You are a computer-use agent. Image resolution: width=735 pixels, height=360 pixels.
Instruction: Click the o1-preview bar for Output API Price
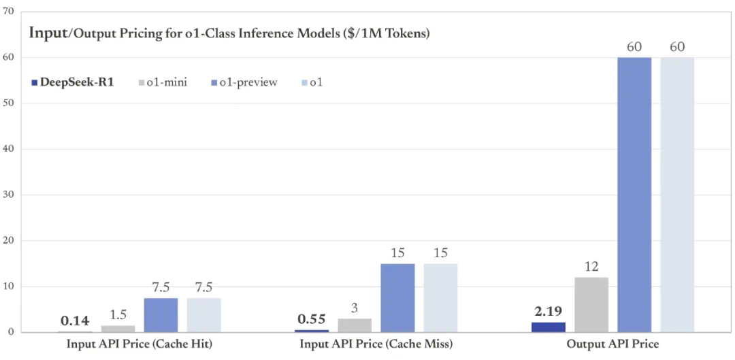coord(634,195)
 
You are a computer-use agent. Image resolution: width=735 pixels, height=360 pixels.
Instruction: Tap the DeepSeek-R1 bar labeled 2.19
coord(549,327)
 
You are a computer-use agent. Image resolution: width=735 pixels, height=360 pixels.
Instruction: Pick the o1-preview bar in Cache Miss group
coord(397,298)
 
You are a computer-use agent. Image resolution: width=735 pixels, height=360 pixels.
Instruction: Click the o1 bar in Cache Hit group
coord(204,315)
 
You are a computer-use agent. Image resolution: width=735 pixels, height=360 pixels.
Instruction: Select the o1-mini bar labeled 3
coord(355,325)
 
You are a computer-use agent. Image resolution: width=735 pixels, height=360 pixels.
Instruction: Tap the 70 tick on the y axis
coord(8,12)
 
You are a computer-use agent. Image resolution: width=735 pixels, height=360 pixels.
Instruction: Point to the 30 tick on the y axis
coord(8,195)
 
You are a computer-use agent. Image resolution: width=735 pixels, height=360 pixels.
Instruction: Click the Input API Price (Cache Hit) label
coord(140,344)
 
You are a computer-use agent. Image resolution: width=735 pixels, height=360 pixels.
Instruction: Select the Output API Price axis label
coord(612,344)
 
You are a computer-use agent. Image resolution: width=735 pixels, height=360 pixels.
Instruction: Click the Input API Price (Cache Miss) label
coord(376,344)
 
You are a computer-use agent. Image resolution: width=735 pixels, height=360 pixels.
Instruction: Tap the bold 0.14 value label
coord(75,321)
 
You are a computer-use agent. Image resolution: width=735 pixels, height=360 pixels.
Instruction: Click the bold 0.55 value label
coord(312,318)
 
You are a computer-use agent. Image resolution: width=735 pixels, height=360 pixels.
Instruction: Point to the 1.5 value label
coord(118,314)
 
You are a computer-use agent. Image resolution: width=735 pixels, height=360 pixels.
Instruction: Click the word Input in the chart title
coord(47,33)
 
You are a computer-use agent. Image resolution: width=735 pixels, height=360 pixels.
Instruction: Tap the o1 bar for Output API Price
coord(677,195)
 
